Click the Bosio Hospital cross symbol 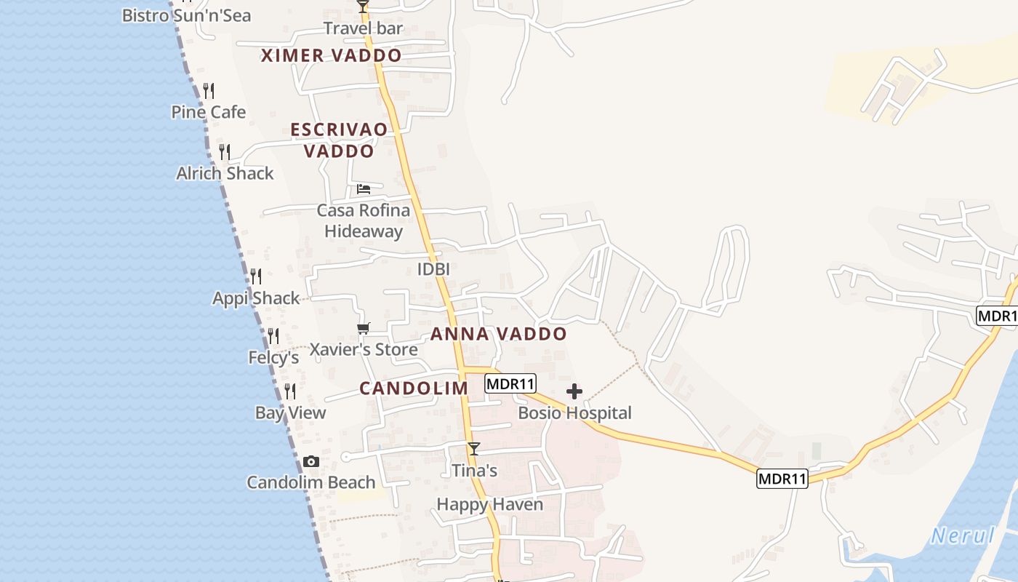pos(574,392)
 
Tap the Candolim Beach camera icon pos(311,462)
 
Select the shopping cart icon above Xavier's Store pos(364,329)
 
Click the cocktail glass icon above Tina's pos(474,449)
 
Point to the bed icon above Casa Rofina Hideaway pos(364,189)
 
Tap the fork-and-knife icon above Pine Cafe pos(209,91)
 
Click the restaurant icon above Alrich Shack pos(225,152)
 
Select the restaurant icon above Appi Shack pos(256,276)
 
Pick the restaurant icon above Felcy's pos(273,336)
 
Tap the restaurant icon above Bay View pos(290,391)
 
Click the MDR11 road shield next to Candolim pos(510,383)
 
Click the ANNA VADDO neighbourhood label pos(499,335)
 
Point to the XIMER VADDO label pos(331,56)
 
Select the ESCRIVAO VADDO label pos(339,140)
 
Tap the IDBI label pos(433,269)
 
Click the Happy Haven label pos(489,504)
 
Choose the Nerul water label pos(963,536)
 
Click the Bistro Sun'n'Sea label pos(186,15)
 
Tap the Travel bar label pos(363,28)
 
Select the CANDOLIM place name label pos(414,388)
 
